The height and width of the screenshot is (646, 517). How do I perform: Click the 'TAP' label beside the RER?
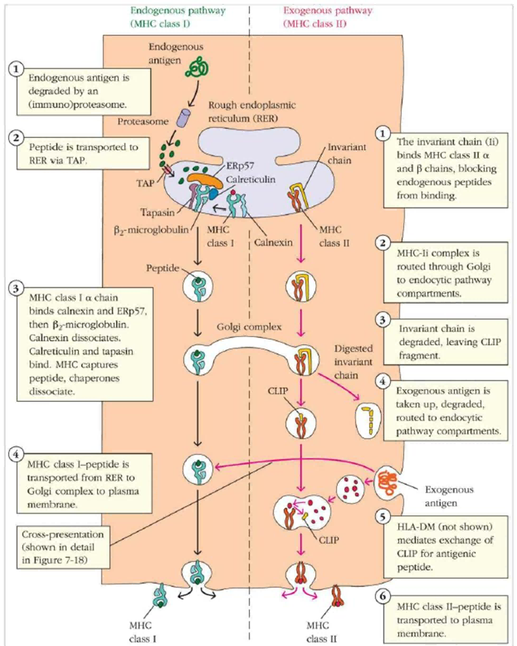[145, 183]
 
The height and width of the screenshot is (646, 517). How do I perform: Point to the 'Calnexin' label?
[273, 242]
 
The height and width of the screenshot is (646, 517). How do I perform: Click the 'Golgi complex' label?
[249, 327]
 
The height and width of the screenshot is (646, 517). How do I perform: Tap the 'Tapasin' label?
[157, 212]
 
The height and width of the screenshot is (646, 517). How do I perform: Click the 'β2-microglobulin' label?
[151, 230]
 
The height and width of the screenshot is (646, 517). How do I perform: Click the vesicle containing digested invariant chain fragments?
[368, 420]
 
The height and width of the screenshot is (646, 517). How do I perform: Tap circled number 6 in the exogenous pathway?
[383, 596]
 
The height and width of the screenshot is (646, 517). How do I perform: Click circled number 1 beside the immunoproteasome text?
[16, 69]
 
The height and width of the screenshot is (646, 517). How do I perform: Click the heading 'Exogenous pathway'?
[328, 10]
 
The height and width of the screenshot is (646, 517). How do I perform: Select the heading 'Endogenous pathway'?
[178, 10]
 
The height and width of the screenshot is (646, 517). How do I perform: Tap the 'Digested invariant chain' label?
[353, 362]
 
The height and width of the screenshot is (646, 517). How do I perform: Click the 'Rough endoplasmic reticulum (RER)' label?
[252, 111]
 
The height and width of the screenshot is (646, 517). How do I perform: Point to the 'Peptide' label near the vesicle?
[163, 268]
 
